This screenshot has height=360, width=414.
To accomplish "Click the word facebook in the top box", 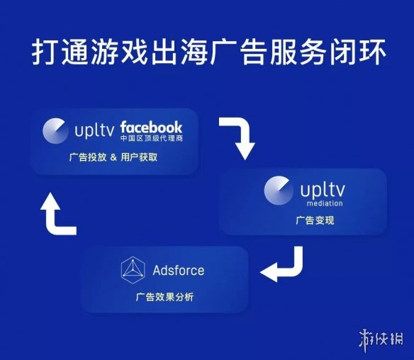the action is pos(151,128).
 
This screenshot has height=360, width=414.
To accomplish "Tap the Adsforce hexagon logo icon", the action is pos(133,270).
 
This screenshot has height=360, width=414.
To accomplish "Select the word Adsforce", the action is pos(179,270).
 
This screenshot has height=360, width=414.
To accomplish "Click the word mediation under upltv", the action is pos(325,203).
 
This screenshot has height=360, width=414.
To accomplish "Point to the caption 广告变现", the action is pos(315,220).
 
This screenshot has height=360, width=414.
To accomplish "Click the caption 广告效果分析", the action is pos(164,297).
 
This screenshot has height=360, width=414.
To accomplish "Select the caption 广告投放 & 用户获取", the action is pos(113,157).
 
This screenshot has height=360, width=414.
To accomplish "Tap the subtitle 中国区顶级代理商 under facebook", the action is pos(152,138).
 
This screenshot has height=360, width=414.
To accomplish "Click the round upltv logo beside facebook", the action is pos(55,131).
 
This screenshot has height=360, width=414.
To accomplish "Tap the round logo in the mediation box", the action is pos(279,191).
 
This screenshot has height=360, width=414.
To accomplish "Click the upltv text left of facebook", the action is pos(94,130).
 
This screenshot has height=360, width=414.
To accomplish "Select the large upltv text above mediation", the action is pos(323,190).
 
